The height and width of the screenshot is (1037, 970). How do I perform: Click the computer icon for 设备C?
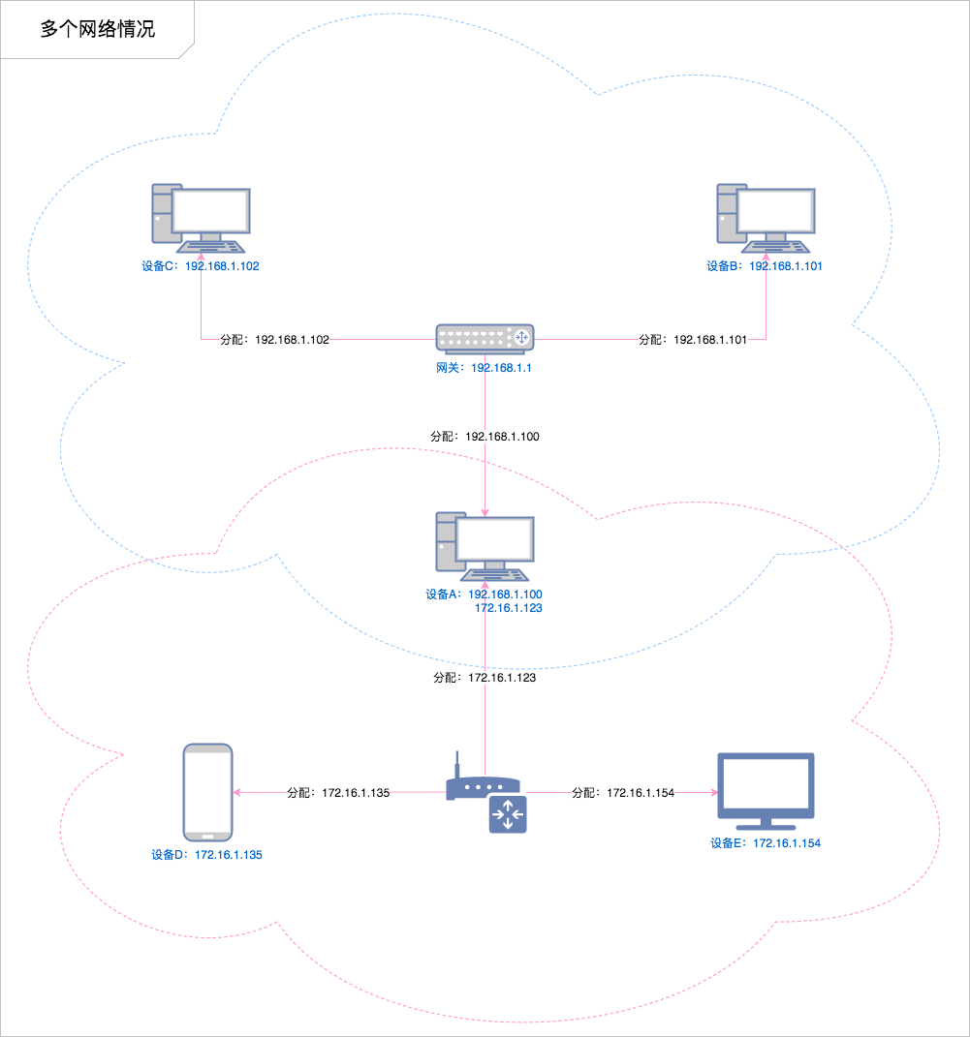pos(201,214)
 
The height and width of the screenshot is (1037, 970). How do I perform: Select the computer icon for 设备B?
pos(766,214)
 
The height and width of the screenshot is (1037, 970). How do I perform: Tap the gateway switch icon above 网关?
pos(485,337)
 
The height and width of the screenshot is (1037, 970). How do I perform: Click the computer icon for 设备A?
pos(485,543)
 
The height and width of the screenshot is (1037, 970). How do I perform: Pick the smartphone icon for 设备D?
pos(208,792)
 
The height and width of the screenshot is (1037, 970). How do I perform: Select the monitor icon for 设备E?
pos(766,791)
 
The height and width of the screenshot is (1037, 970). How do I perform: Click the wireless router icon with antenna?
pos(482,784)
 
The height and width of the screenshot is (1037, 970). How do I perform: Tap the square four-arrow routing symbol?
pos(507,815)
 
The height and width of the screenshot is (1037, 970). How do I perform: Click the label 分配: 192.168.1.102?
pos(275,340)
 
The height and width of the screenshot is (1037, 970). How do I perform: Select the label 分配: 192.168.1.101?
pos(693,340)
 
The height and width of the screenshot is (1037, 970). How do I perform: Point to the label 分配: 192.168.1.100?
pos(485,437)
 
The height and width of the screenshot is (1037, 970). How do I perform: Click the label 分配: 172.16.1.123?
pos(485,679)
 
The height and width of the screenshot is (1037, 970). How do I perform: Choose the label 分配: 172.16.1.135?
pos(338,793)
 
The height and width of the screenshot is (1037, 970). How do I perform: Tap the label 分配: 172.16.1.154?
pos(623,793)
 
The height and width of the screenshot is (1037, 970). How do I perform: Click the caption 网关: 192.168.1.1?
pos(485,369)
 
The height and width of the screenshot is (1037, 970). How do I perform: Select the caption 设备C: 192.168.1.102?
pos(201,266)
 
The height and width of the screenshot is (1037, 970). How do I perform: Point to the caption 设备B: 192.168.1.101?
pos(765,266)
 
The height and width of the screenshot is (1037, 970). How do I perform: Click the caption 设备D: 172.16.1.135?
pos(207,856)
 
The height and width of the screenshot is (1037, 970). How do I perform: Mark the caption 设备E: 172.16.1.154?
pos(766,844)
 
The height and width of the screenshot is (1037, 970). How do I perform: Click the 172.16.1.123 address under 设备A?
pos(508,608)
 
